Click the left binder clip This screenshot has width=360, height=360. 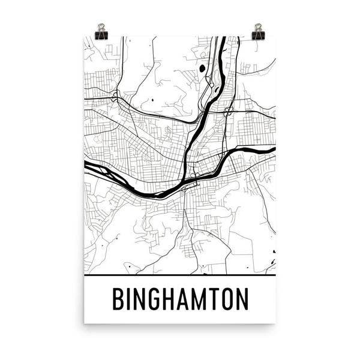coord(101,32)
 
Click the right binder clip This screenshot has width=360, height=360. coord(259,31)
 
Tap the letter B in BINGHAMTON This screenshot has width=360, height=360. coord(117,299)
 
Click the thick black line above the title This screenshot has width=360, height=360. coord(180,276)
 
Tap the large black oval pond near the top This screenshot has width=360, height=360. coord(202,69)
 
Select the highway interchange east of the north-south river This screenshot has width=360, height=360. coord(228,112)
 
